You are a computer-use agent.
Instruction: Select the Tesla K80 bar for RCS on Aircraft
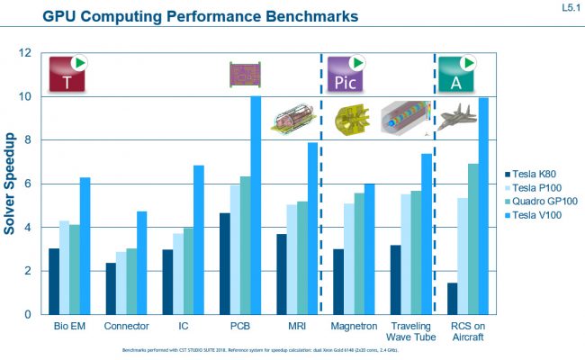[x=454, y=299]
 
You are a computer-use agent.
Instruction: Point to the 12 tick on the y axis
[x=24, y=53]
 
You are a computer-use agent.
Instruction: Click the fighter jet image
[x=458, y=117]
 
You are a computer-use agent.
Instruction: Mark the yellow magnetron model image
[x=352, y=119]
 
